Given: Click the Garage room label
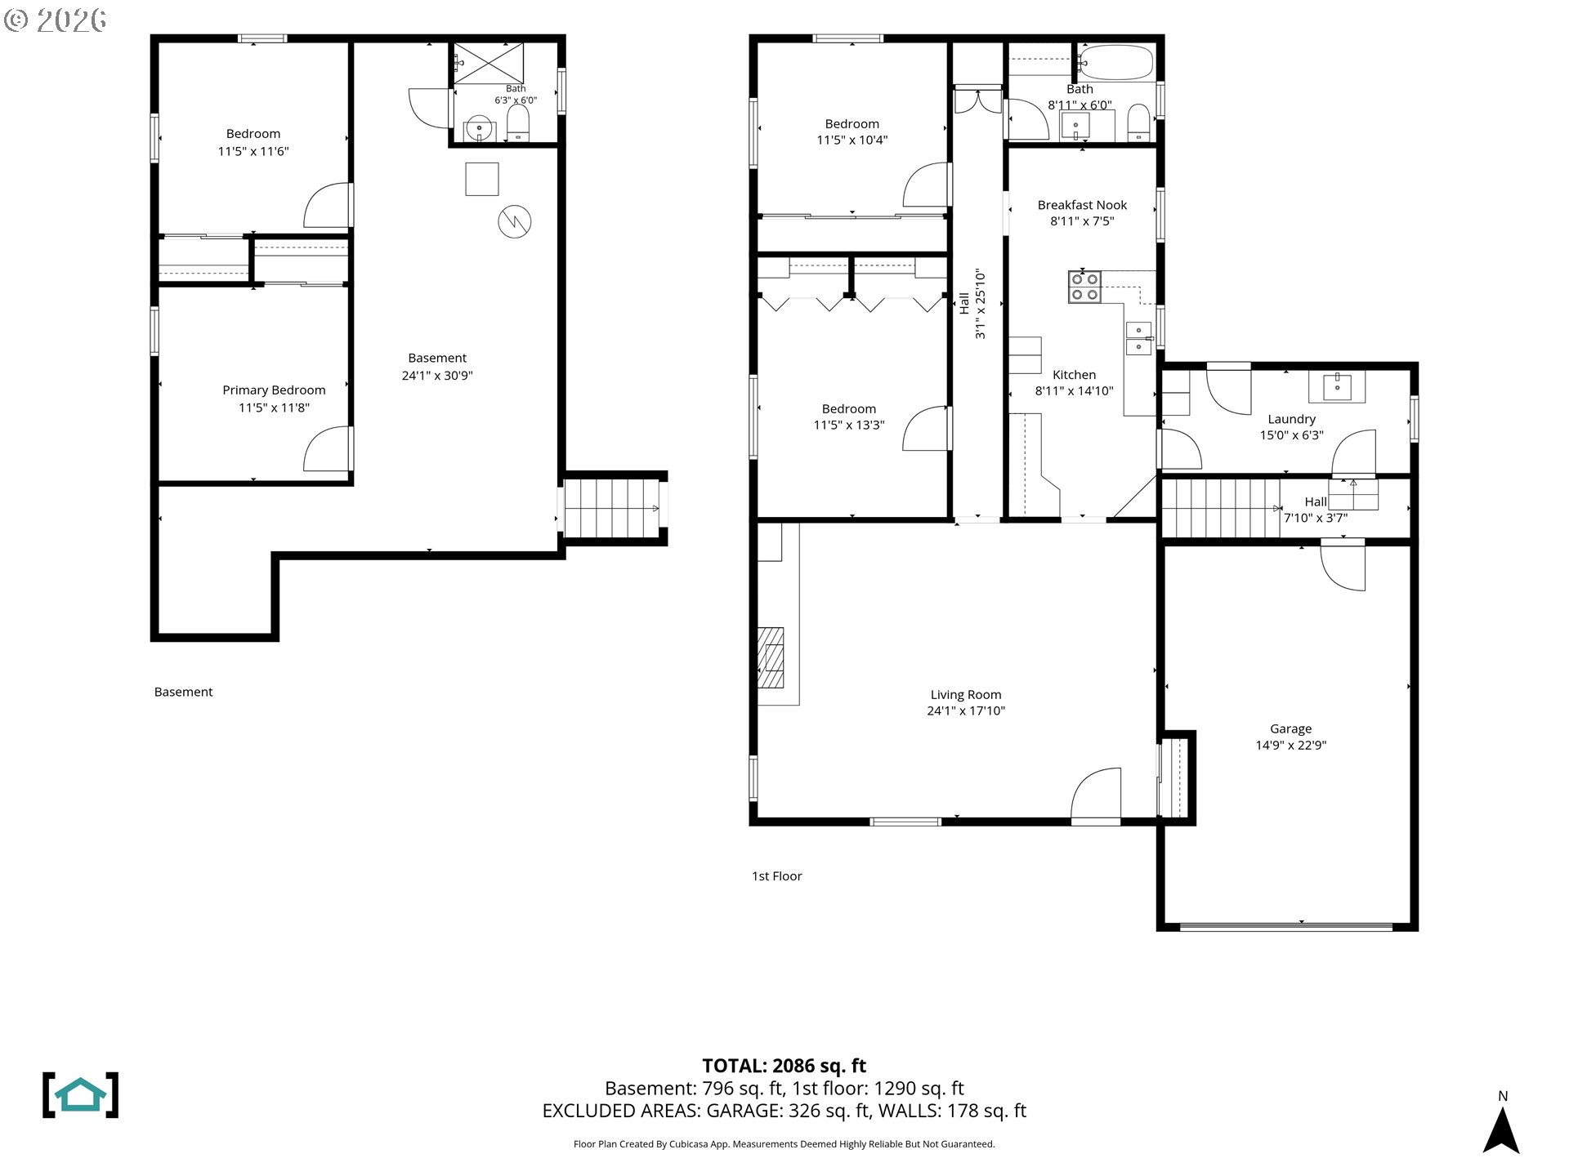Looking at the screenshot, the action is coord(1290,729).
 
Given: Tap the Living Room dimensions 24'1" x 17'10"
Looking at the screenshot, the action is coord(966,711).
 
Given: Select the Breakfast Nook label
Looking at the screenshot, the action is coord(1082,205).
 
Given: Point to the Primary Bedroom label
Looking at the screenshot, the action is coord(274,390).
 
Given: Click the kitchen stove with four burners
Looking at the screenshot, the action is coord(1084,287).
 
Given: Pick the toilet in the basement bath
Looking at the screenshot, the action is coord(518,123).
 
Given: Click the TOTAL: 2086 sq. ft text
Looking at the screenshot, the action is coord(784,1066).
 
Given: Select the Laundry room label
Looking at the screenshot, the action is coord(1291,420).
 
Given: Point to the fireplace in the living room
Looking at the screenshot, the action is coord(771,658).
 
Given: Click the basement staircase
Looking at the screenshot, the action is coord(611,508).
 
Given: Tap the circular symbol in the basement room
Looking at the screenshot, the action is coord(515,220).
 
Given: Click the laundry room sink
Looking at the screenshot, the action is coord(1337,387).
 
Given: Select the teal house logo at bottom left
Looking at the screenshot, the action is coord(80,1095).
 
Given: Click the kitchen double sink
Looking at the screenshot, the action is coord(1138,338).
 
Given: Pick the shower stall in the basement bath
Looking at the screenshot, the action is coord(489,64).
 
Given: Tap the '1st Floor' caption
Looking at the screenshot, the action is coord(777,876).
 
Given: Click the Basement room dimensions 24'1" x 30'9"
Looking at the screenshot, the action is coord(437,376).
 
